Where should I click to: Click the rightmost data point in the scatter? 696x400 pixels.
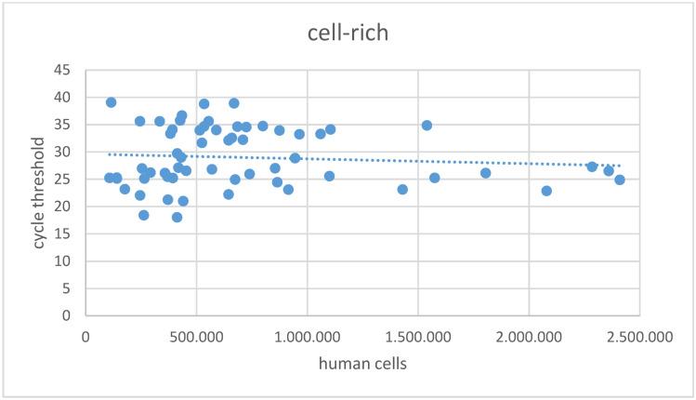(619, 180)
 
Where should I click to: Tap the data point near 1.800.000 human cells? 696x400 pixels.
(485, 173)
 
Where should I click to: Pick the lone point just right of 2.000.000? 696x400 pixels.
(546, 191)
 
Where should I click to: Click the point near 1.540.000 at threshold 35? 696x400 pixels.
(427, 126)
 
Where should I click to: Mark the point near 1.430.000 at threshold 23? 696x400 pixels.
(402, 189)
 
